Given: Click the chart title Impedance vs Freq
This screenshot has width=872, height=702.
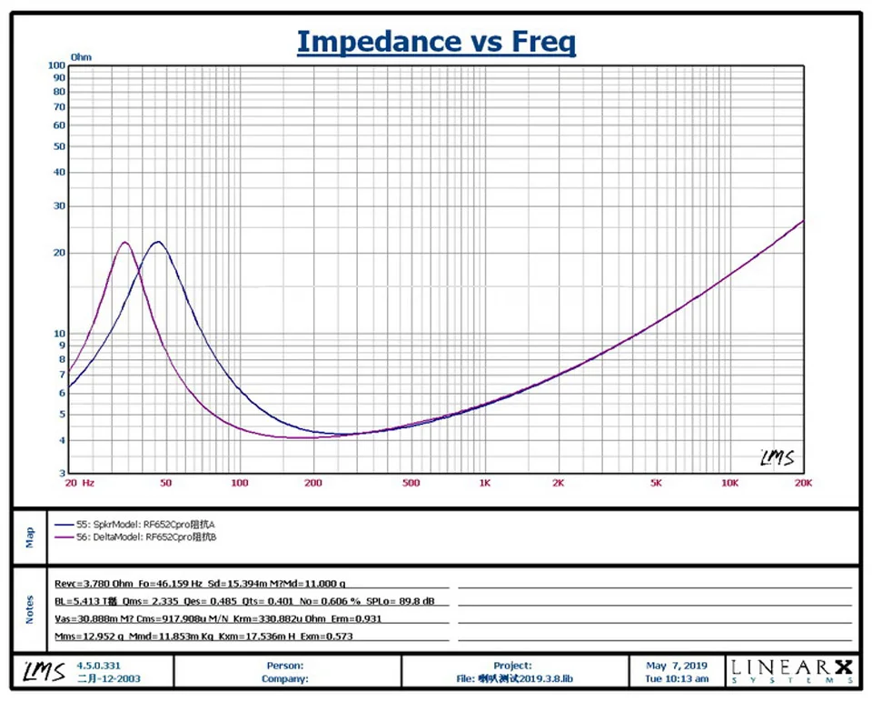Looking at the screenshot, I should pos(436,41).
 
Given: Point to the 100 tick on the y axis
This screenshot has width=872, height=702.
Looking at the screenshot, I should pos(56,65).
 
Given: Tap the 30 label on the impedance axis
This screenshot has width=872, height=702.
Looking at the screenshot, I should pos(60,206).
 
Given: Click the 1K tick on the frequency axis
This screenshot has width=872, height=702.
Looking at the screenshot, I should pos(484,483).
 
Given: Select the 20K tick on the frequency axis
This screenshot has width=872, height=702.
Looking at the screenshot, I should pos(802,483).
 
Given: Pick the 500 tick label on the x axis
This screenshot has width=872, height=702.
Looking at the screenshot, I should pos(410,483).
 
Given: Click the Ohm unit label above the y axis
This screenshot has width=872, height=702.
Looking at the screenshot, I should pos(81,56).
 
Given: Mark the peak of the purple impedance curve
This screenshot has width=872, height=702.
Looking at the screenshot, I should pos(124,242).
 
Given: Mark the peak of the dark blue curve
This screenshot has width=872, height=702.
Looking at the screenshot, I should pos(158,241).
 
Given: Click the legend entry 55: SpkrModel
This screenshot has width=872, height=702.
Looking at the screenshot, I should pos(136,525).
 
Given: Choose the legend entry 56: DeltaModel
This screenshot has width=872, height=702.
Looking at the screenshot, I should pos(136,537).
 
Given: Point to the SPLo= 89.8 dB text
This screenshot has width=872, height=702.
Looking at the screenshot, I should pos(410,601).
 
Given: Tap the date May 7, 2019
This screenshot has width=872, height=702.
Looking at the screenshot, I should pos(676,666).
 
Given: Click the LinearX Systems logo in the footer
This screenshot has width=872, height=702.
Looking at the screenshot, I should pos(791,671).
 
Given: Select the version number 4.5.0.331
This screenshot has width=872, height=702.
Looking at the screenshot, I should pos(98,666).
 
